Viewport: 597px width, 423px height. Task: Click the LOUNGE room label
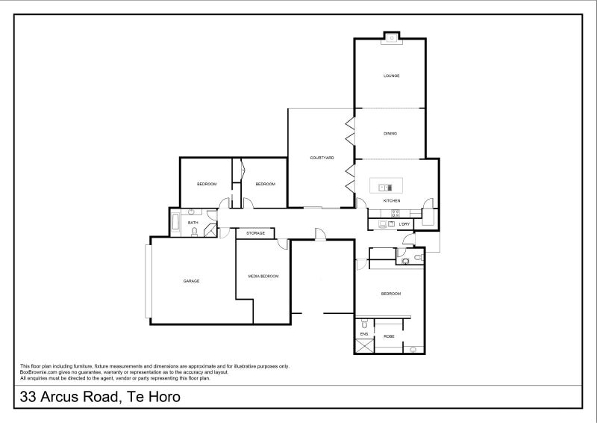pos(391,75)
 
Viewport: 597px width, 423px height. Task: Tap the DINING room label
pos(390,134)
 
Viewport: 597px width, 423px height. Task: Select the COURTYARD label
pos(322,158)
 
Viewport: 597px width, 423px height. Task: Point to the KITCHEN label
pos(392,201)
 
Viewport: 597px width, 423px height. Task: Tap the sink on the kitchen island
pos(385,187)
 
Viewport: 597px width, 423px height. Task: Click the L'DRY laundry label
pos(404,224)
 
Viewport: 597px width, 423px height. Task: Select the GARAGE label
pos(191,281)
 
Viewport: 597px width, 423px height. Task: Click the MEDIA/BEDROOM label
pos(263,277)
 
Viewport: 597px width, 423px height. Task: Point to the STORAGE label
pos(256,234)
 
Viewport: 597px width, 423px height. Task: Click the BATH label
pos(193,223)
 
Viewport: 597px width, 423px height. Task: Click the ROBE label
pos(389,337)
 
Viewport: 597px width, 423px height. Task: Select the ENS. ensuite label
pos(363,333)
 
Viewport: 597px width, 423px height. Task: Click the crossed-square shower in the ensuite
pos(363,346)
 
